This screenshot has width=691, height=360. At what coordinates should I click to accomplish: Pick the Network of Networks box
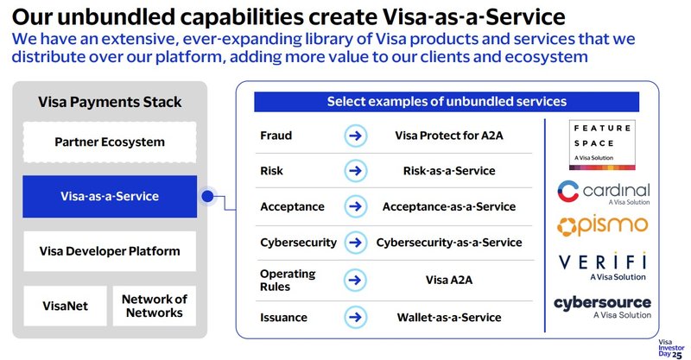154,306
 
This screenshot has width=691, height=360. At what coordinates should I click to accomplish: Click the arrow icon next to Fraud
352,136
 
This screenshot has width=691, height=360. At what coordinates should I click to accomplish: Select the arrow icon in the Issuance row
352,317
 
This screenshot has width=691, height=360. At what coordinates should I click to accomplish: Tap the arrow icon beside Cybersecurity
352,243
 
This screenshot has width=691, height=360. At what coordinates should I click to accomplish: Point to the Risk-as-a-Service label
448,171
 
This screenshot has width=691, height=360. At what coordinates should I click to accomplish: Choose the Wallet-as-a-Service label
448,317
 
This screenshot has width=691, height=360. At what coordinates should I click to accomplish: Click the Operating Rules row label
288,280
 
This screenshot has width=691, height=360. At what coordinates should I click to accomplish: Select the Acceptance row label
292,207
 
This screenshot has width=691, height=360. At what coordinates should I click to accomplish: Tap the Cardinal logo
604,193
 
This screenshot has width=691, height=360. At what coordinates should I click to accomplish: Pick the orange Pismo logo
604,226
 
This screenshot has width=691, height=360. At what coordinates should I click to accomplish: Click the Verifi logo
604,266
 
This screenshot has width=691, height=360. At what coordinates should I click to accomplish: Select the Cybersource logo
604,306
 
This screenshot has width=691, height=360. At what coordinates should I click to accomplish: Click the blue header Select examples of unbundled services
446,102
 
